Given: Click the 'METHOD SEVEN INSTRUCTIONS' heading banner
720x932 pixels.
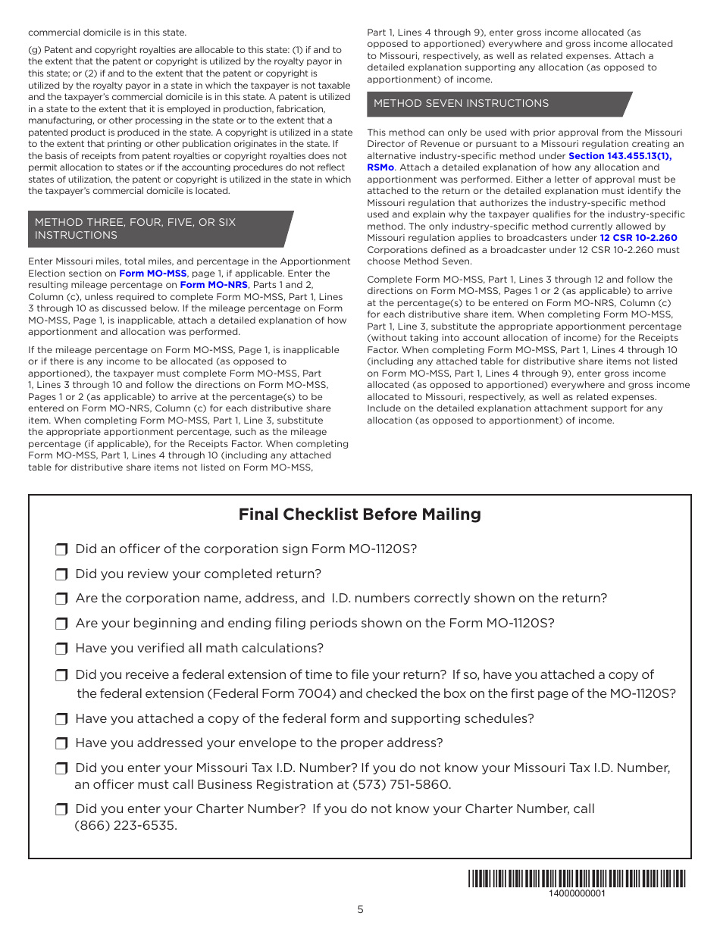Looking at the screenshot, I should (x=461, y=104).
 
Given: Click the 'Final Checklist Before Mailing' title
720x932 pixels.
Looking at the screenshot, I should (x=359, y=514).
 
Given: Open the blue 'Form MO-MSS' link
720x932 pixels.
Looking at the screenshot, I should (x=153, y=274).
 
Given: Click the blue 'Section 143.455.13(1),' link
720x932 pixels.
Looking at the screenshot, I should (x=620, y=156).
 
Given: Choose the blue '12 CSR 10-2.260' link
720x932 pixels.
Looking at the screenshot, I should (x=638, y=238).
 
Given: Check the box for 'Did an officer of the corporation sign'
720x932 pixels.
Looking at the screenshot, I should (x=61, y=549).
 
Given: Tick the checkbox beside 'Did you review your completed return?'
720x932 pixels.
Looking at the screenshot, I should (x=61, y=574).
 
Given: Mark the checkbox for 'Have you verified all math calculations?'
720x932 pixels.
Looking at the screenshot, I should (x=61, y=649).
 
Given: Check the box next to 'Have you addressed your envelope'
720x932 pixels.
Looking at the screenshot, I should (x=61, y=743).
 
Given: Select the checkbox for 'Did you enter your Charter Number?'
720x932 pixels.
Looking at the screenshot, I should (x=61, y=809).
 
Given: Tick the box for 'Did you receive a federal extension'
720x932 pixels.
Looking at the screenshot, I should (x=61, y=675).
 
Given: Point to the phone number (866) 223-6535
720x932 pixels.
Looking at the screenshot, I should (x=126, y=826).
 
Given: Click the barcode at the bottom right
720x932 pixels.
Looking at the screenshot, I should (x=577, y=879).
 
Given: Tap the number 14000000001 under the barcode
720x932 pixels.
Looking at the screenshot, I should (x=577, y=893).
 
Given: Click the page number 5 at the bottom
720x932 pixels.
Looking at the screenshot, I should (x=360, y=910).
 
